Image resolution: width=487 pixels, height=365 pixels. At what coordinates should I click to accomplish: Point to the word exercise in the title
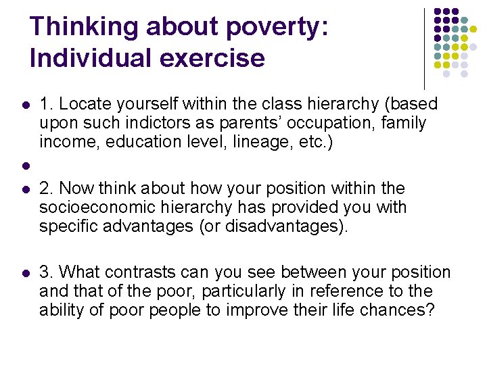point(214,57)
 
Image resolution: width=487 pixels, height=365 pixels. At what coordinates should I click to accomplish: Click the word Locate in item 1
point(82,104)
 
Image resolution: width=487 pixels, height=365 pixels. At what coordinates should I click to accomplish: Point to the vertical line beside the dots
point(424,47)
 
